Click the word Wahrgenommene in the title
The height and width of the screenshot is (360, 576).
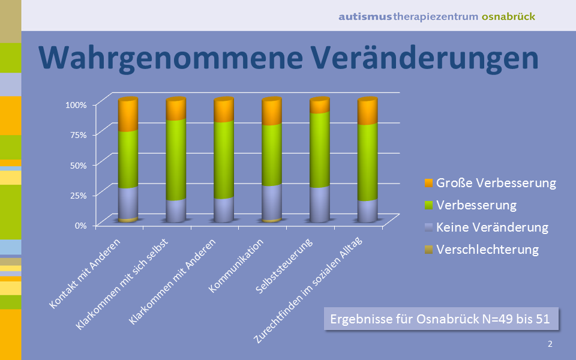click(170, 58)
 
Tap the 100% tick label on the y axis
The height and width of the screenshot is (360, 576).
click(76, 105)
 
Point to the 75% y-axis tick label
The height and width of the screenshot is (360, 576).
click(78, 135)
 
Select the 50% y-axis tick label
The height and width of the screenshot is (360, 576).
click(78, 166)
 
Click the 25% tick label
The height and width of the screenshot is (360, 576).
click(78, 196)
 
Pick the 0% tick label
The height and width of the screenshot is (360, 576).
click(81, 226)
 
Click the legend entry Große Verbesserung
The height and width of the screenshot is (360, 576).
click(490, 183)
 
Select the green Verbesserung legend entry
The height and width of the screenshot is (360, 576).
click(470, 205)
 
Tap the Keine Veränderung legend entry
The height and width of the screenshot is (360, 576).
click(487, 227)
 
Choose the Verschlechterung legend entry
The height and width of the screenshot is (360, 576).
click(482, 250)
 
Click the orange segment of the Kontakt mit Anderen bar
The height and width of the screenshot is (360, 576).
click(128, 115)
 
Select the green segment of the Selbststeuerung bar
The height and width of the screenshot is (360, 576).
click(320, 150)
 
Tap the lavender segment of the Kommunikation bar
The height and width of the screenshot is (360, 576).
click(272, 203)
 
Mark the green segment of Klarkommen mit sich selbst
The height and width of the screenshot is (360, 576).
click(176, 160)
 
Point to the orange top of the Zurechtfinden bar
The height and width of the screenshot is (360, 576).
click(368, 112)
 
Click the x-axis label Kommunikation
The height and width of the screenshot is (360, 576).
click(236, 266)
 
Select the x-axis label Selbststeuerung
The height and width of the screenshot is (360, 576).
click(284, 266)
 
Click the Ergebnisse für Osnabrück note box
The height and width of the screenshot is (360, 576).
click(441, 319)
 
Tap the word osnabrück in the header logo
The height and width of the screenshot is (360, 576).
click(508, 17)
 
